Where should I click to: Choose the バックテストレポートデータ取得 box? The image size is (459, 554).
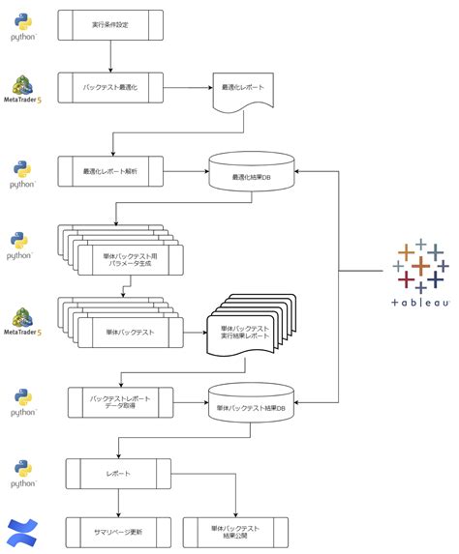click(121, 401)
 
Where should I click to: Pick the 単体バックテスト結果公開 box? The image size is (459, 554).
click(235, 532)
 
